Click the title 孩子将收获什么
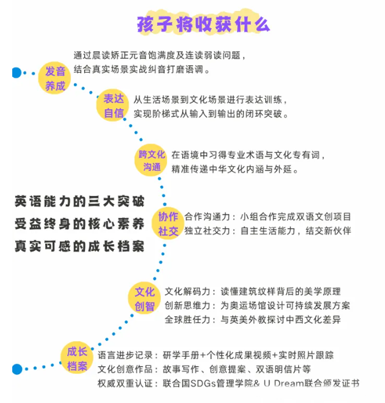click(x=203, y=25)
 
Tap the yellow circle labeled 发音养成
click(x=55, y=78)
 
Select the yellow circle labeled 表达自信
click(x=113, y=105)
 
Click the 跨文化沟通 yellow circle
click(x=151, y=160)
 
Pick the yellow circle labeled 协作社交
click(x=168, y=223)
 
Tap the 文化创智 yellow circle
click(x=144, y=299)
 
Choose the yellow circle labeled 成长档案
click(x=76, y=358)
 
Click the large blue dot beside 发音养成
click(x=16, y=73)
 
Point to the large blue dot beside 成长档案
click(x=17, y=369)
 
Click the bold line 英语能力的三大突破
click(x=79, y=201)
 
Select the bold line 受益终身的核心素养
click(x=79, y=224)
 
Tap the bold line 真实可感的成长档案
click(x=79, y=246)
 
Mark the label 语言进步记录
click(x=125, y=355)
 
